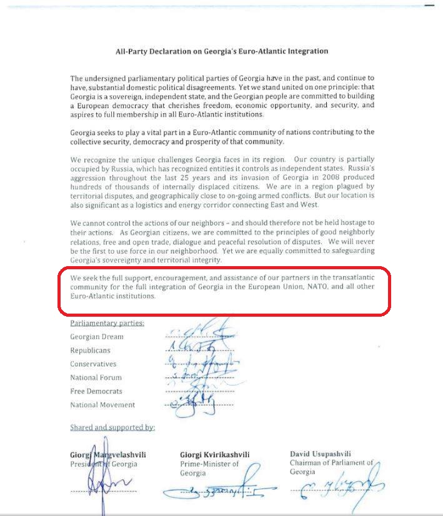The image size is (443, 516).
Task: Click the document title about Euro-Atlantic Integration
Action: [x=222, y=51]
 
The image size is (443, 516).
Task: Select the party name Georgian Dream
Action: [x=97, y=337]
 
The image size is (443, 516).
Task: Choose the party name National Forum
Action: [x=96, y=378]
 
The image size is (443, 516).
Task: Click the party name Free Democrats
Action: [x=96, y=391]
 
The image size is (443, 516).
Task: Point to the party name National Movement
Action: [x=102, y=405]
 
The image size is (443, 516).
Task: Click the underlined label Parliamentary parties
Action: [x=107, y=323]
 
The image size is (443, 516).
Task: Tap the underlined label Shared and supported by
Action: [x=112, y=428]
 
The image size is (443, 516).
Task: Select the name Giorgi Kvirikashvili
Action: [x=214, y=455]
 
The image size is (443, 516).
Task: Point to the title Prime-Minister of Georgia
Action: [x=209, y=469]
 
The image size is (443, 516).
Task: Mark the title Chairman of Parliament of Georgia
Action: [x=331, y=467]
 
